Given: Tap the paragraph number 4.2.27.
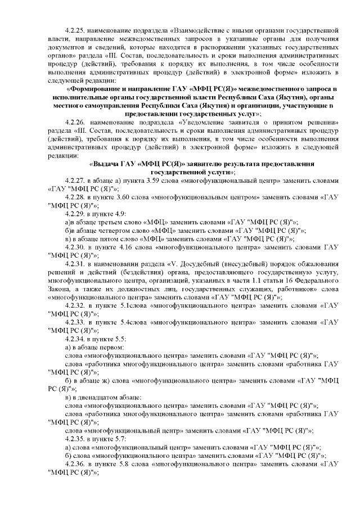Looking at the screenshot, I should coord(74,181).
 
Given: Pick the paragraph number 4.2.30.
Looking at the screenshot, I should coord(74,247).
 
